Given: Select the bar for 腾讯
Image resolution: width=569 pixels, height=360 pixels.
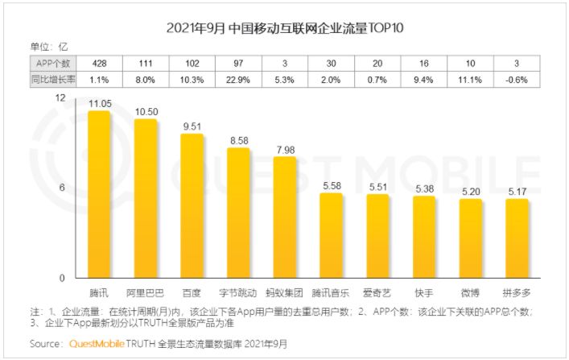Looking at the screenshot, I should pyautogui.click(x=99, y=193).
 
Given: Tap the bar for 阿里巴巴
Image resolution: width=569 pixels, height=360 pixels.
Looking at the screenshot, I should pyautogui.click(x=146, y=197).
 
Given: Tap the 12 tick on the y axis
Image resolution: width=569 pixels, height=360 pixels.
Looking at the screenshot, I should pyautogui.click(x=60, y=97).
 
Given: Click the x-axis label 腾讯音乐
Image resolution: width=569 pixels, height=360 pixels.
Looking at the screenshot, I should pyautogui.click(x=331, y=292).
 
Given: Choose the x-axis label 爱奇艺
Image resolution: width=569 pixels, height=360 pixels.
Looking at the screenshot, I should pyautogui.click(x=377, y=292).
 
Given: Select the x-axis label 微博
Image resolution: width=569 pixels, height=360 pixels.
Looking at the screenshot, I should pyautogui.click(x=470, y=292).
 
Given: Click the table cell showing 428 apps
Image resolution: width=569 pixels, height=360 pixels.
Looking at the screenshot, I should pyautogui.click(x=99, y=63).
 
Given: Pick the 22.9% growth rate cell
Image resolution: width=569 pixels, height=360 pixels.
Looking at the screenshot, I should pyautogui.click(x=238, y=79).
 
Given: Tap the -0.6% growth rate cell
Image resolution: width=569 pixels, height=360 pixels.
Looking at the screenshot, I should pyautogui.click(x=517, y=79).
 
